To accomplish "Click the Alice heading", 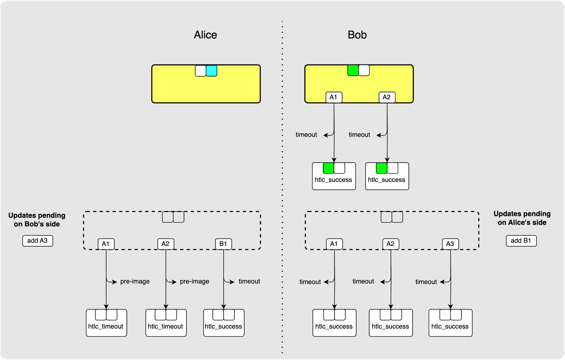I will point(205,35).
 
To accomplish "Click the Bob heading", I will point(357,35).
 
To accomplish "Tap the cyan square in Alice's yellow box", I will point(211,71).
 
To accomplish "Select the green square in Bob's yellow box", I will point(353,70).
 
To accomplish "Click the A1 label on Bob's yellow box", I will point(334,97).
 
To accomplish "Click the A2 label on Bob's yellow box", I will point(387,97).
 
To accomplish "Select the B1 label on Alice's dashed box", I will point(223,244).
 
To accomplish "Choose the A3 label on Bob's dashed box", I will point(450,244).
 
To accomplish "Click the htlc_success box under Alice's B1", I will point(224,323).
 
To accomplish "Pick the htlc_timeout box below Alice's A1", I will point(106,323).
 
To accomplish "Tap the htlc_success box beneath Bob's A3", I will point(450,323).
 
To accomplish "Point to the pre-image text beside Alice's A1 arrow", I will point(135,281).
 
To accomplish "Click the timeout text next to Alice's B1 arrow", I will point(249,281).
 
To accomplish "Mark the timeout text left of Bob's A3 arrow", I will point(426,282).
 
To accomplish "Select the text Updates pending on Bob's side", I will point(37,219).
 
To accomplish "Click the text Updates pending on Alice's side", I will point(522,218).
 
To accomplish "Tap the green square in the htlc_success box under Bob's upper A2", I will point(382,168).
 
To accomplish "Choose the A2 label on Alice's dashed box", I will point(165,244).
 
